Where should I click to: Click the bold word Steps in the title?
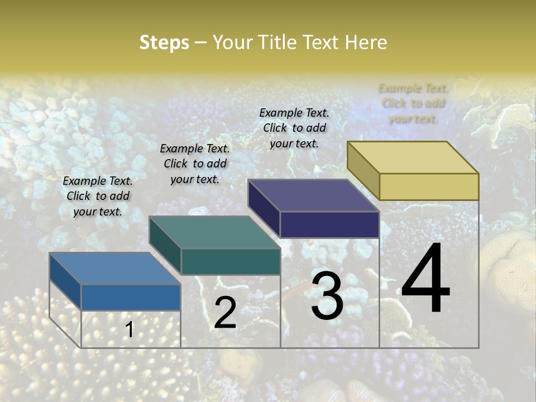164,42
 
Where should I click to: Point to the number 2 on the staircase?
225,312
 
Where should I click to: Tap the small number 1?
129,329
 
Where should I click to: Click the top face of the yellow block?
413,157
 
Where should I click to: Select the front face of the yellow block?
429,186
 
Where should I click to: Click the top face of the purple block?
313,195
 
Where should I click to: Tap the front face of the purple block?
329,224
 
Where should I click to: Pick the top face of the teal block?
214,232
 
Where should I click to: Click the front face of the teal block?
230,261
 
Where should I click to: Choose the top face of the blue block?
114,269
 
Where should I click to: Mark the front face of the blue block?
131,297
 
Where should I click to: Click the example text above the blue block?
98,196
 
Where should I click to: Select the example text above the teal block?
195,164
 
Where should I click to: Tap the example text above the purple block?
294,128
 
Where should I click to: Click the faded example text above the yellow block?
413,103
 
